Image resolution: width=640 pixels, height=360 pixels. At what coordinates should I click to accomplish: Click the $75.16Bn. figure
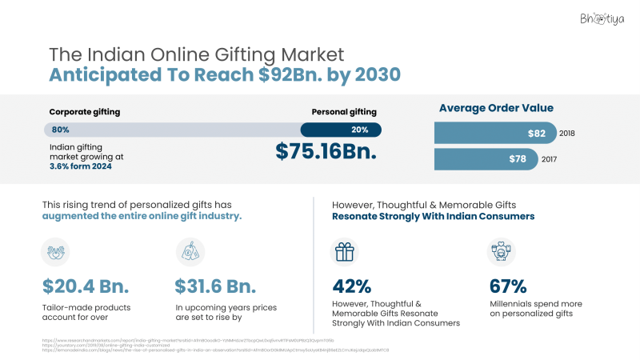point(326,151)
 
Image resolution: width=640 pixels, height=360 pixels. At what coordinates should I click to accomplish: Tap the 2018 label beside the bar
point(568,133)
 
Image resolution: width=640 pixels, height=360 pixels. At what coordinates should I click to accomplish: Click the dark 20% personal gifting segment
point(341,129)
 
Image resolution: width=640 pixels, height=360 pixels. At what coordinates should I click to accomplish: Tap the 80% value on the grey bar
point(60,129)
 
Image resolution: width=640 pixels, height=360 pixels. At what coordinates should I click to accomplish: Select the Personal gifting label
point(344,112)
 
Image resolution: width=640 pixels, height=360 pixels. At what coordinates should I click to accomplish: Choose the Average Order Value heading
point(496,108)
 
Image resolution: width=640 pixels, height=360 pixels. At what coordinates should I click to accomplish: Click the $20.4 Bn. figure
point(86,286)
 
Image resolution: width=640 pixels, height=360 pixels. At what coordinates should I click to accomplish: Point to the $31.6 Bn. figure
point(216,286)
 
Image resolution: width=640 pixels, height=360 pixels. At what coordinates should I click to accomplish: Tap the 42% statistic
point(351,286)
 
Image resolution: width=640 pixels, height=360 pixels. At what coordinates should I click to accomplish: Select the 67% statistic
point(507,286)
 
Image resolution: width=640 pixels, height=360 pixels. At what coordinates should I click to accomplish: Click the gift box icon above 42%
point(345,252)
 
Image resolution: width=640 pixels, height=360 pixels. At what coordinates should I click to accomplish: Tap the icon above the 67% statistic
point(502,252)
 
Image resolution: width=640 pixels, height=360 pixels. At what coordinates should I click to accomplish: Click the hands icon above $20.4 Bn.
point(55,252)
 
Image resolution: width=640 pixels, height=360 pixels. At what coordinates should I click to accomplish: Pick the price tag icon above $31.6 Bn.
point(190,252)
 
